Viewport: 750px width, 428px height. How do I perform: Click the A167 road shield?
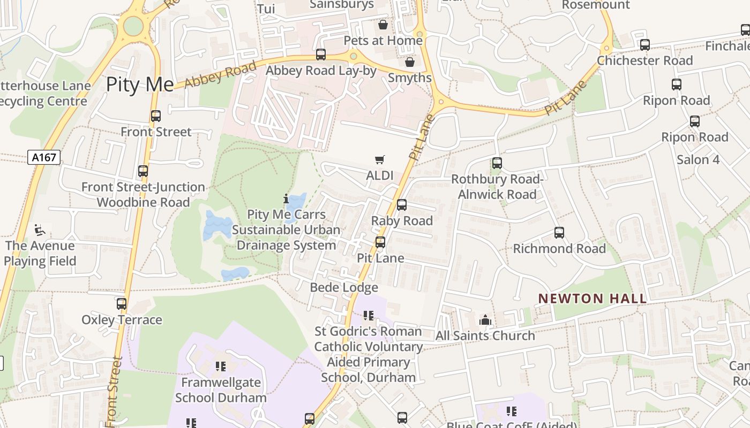[x=44, y=157]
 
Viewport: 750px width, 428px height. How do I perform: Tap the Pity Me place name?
[x=139, y=85]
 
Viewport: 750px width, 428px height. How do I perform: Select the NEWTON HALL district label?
[x=592, y=299]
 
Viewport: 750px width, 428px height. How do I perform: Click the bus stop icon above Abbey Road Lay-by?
[x=321, y=55]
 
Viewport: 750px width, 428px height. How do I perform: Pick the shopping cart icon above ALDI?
[x=380, y=159]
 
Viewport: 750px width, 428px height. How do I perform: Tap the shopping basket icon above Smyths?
[x=410, y=62]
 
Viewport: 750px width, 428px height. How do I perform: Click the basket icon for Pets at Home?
[x=383, y=25]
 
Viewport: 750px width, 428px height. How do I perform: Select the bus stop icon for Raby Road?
[x=402, y=205]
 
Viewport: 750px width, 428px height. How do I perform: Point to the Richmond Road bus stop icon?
[x=559, y=233]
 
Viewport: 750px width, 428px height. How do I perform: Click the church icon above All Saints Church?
[x=485, y=320]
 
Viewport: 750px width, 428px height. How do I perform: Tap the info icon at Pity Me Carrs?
[x=286, y=198]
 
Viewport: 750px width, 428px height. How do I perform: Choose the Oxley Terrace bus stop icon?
[x=122, y=304]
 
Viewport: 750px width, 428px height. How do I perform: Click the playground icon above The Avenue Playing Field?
[x=40, y=230]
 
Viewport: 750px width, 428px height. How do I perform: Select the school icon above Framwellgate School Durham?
[x=220, y=366]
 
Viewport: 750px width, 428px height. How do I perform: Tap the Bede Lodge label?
[x=344, y=287]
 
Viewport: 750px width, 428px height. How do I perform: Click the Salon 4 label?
[x=698, y=159]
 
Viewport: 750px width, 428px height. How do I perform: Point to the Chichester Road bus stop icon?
[x=645, y=45]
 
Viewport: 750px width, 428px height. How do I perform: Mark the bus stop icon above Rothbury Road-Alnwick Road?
[x=497, y=163]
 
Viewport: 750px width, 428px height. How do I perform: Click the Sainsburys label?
[x=342, y=5]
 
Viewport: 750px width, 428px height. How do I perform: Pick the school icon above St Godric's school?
[x=368, y=316]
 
